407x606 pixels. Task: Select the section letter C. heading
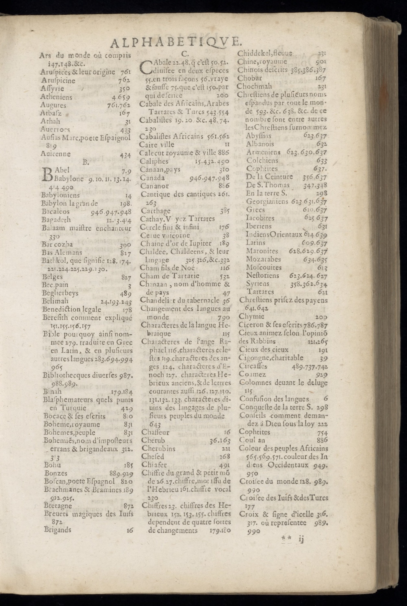[184, 54]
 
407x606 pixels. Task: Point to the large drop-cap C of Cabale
[146, 67]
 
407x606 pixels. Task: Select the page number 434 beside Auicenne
[125, 155]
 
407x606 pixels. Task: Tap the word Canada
[152, 178]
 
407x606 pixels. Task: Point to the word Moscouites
[264, 267]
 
